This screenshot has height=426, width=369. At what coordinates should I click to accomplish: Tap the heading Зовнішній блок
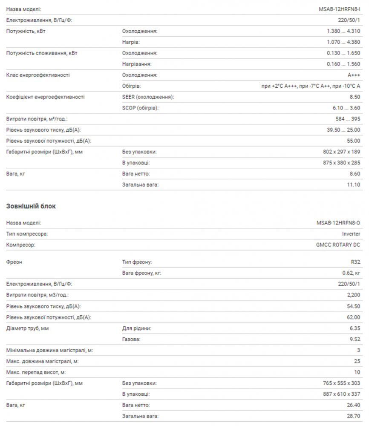click(31, 206)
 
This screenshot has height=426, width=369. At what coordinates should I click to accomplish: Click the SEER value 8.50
click(354, 97)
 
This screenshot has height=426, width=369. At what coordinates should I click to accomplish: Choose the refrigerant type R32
click(355, 262)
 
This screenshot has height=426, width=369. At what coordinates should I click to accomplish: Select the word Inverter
click(351, 234)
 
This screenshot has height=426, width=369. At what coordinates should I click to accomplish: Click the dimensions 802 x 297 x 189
click(341, 152)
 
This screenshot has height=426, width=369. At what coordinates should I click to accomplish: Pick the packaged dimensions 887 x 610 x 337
click(341, 394)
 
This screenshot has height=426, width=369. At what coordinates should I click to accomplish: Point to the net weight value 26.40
click(353, 406)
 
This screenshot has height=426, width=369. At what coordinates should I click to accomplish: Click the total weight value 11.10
click(353, 185)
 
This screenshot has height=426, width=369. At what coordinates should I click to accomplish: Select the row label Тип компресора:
click(27, 234)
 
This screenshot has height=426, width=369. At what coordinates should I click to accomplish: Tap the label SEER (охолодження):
click(148, 97)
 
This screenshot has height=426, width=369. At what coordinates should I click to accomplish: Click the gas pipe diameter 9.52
click(354, 340)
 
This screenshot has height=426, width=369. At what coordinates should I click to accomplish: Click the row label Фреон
click(14, 262)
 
